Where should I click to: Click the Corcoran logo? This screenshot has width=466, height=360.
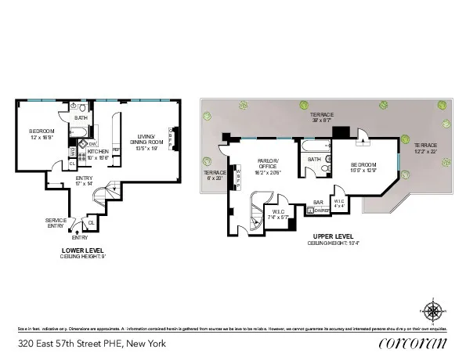412,343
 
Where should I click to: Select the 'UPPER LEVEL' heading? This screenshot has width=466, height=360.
333,236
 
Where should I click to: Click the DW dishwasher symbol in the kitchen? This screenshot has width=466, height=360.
92,145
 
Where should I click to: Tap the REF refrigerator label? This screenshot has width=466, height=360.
114,149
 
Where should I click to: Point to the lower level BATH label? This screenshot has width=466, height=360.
81,119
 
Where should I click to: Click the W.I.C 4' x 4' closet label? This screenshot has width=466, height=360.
338,203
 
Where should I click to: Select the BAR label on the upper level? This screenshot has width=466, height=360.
319,202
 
